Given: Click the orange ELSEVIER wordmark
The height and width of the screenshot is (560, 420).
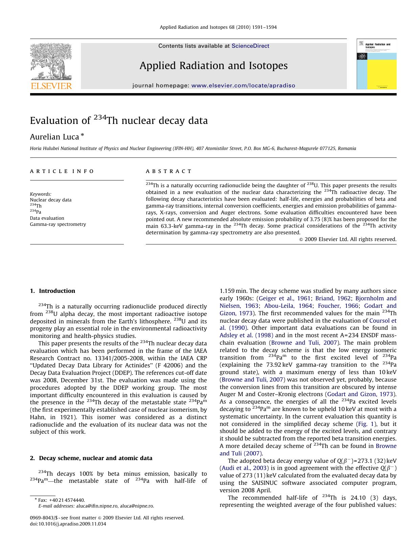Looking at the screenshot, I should [x=51, y=86].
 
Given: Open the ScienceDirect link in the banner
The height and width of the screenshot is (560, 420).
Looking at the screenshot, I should [x=250, y=46].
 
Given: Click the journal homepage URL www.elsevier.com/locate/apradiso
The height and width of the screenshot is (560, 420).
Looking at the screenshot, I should [x=243, y=86].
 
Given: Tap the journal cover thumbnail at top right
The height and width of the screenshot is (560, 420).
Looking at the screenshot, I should [x=376, y=64].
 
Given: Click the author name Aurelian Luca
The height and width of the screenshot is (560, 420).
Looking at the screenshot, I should [x=54, y=137].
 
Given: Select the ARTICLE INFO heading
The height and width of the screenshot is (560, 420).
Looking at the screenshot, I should [x=62, y=171].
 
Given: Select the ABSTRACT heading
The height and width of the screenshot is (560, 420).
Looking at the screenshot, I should [x=169, y=171].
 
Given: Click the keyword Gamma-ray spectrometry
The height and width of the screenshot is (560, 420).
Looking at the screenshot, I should [x=58, y=224].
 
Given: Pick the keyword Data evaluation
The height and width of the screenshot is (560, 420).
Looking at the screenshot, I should [x=47, y=218].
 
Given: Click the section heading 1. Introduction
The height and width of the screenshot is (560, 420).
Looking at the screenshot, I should [x=52, y=291].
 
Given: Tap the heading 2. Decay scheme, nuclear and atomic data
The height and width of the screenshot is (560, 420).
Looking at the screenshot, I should [x=91, y=458].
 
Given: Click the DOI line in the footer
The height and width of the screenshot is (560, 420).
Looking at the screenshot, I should [x=68, y=524].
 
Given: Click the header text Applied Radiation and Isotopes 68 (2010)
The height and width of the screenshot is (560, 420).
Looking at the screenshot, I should [x=218, y=27].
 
